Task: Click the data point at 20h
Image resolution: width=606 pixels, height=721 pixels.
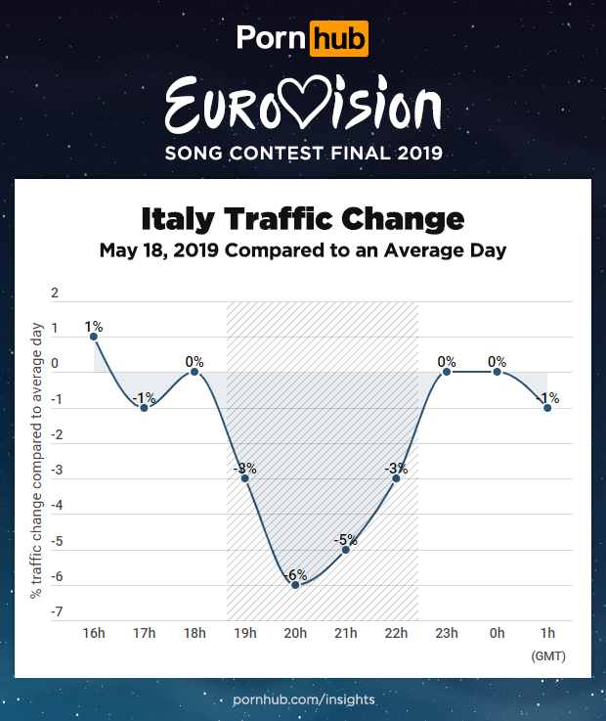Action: click(295, 584)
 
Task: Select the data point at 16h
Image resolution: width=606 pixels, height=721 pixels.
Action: click(94, 337)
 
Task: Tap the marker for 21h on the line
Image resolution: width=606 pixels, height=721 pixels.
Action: click(345, 549)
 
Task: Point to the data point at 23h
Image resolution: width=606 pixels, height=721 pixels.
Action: click(446, 372)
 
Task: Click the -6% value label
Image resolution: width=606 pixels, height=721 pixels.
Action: click(295, 574)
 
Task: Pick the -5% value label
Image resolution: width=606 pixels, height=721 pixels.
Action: click(345, 539)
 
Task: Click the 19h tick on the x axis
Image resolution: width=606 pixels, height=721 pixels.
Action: click(244, 634)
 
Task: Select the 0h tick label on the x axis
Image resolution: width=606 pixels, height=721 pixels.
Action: click(497, 634)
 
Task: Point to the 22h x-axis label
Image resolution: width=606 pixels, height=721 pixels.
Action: click(396, 634)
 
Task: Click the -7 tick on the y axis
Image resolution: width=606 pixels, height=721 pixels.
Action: click(55, 612)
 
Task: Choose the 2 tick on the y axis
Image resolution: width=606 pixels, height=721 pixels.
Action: click(55, 293)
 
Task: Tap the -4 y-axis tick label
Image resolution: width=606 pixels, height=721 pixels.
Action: click(55, 506)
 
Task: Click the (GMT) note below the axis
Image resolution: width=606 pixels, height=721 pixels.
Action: click(547, 655)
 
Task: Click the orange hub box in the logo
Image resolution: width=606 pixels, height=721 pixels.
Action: click(339, 39)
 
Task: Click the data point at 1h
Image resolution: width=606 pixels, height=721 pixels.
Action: click(547, 408)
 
